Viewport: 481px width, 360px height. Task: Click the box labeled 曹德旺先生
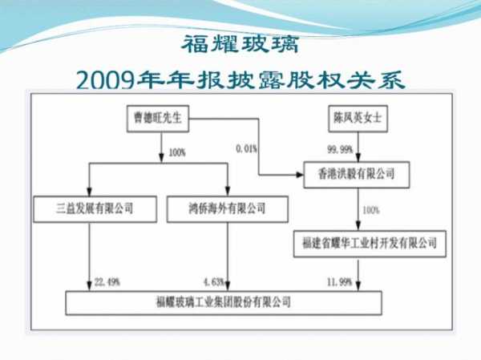click(x=158, y=119)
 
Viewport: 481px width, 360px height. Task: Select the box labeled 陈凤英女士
click(x=358, y=119)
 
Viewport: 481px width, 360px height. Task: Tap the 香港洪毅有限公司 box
click(x=357, y=175)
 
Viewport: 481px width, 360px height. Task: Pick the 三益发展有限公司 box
click(x=95, y=209)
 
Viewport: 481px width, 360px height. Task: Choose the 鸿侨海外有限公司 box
click(x=228, y=209)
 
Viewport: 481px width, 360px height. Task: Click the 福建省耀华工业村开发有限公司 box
click(x=370, y=244)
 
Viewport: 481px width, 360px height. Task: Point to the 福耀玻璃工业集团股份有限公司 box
click(x=224, y=302)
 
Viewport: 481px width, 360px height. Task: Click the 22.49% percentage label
click(x=107, y=281)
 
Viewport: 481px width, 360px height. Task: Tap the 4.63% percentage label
click(x=213, y=281)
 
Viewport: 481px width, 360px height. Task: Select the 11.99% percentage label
click(x=339, y=281)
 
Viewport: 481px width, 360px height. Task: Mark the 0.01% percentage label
click(x=246, y=149)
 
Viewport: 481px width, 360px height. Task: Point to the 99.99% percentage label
click(x=340, y=149)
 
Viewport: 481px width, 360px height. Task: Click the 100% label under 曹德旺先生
click(x=177, y=152)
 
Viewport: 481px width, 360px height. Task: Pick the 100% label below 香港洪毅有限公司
click(x=371, y=210)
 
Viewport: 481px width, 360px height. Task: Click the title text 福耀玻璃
click(x=240, y=44)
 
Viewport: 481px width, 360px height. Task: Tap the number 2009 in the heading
click(x=105, y=80)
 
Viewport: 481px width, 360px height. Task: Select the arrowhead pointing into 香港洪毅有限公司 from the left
click(x=299, y=175)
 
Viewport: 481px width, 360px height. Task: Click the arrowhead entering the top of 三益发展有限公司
click(x=89, y=192)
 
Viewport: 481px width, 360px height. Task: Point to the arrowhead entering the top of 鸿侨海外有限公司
click(x=228, y=192)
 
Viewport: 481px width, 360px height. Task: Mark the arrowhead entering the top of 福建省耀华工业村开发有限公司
click(x=358, y=225)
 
